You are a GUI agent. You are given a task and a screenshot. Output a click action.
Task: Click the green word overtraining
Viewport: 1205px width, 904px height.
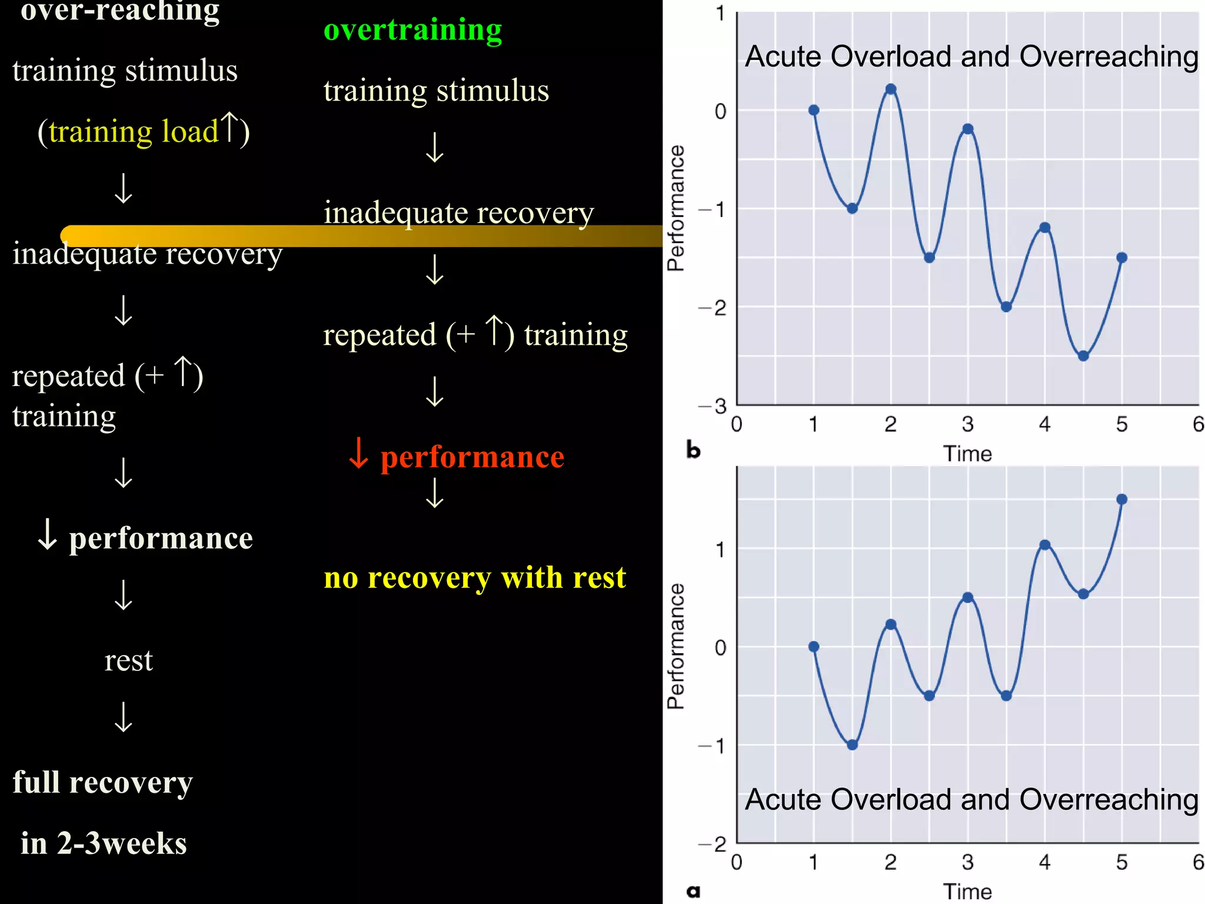coord(412,30)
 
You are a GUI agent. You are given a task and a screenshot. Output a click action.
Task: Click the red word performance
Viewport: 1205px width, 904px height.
coord(472,457)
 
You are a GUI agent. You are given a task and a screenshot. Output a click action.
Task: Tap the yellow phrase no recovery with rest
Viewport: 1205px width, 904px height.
coord(474,578)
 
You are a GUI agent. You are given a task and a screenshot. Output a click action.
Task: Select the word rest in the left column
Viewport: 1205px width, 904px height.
coord(128,660)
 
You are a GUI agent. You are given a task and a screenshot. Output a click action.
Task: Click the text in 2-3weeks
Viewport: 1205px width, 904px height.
coord(104,843)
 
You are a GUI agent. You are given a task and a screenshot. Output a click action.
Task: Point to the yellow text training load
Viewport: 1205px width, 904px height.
coord(134,131)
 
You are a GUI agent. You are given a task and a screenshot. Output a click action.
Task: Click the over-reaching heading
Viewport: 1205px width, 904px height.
coord(120,11)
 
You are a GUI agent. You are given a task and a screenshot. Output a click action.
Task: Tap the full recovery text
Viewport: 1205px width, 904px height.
coord(102,783)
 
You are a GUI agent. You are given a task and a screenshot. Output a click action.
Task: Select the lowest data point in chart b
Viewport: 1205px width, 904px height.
coord(1083,356)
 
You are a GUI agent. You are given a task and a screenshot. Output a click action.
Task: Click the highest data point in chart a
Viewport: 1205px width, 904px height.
coord(1121,499)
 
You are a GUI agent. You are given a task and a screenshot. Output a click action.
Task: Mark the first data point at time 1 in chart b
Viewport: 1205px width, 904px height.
coord(814,110)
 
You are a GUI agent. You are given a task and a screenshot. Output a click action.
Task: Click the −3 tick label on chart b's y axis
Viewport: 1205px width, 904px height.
coord(713,406)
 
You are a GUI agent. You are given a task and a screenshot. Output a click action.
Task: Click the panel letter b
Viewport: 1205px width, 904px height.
coord(694,451)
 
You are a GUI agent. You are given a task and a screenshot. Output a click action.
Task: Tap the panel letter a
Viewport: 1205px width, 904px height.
coord(694,891)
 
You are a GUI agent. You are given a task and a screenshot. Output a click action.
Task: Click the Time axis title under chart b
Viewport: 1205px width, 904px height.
coord(967,454)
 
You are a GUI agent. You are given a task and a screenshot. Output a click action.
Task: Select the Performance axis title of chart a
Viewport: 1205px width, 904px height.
coord(676,646)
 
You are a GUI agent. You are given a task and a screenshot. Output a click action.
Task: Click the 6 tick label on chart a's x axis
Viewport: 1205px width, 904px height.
coord(1198,862)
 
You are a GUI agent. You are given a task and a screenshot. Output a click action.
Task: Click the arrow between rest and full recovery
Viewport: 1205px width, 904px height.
coord(124,717)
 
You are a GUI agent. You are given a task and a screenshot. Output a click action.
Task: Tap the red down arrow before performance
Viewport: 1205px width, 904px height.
coord(358,454)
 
